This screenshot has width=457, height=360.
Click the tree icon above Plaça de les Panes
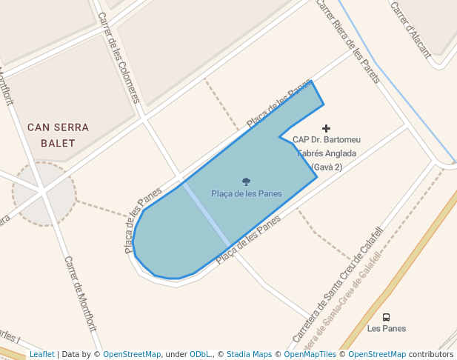(x=246, y=181)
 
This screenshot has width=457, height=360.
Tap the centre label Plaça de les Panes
(x=246, y=194)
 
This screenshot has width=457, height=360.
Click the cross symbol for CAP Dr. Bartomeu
(x=326, y=128)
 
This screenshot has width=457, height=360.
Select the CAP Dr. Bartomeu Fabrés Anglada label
(x=326, y=153)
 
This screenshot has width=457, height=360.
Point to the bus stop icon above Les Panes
(x=386, y=317)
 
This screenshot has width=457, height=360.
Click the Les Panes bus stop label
(x=386, y=328)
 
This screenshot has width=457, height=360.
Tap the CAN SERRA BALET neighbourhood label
(x=58, y=135)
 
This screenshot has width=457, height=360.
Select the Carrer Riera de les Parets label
(x=347, y=41)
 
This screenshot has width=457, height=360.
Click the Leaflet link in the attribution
(x=41, y=354)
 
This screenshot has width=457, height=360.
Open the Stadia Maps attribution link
(x=249, y=354)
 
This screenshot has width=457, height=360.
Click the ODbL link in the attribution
(x=201, y=354)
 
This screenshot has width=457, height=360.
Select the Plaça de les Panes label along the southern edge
(x=249, y=240)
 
